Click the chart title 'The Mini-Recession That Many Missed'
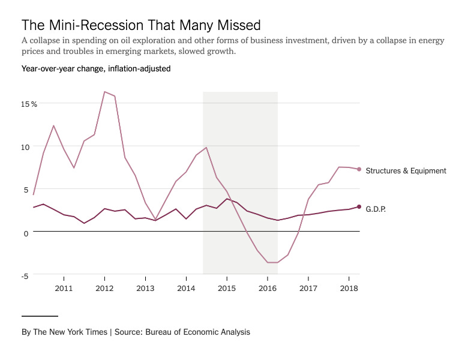(141, 25)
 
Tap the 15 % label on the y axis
(29, 104)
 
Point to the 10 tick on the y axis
(25, 146)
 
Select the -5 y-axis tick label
(25, 276)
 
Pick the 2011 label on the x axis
(64, 289)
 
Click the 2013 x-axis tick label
(145, 289)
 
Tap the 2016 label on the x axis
(268, 289)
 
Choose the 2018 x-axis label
(349, 289)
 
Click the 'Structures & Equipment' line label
(406, 171)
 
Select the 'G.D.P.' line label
(375, 209)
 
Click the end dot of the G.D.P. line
(359, 206)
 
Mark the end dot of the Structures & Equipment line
(359, 169)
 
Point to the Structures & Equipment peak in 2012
(104, 92)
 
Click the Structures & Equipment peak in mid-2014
(206, 148)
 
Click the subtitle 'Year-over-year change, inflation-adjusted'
(96, 69)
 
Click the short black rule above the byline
(40, 316)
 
